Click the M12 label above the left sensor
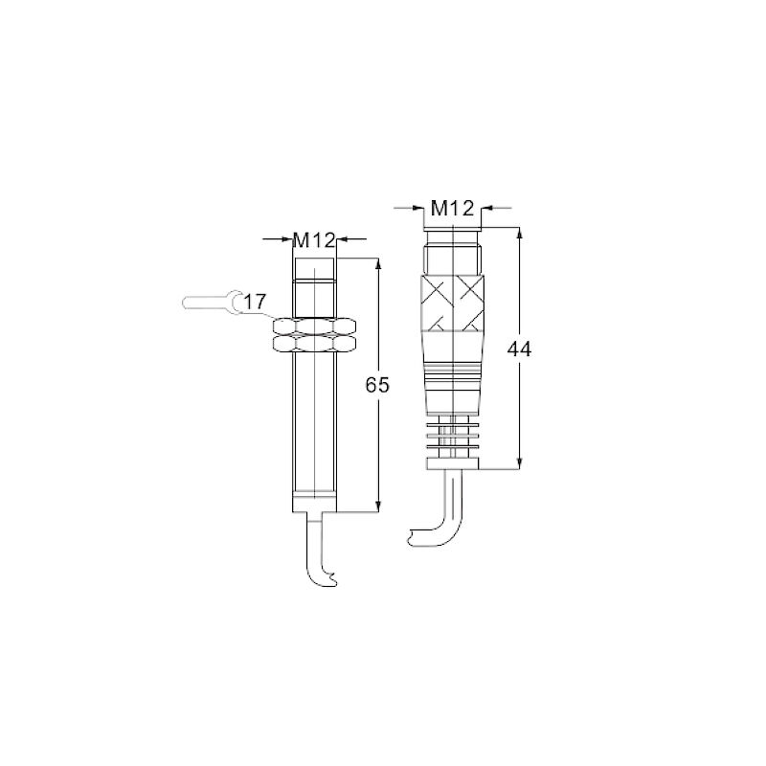click(314, 240)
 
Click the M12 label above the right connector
click(452, 209)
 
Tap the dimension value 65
click(377, 386)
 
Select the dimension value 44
click(519, 349)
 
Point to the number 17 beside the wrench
click(255, 302)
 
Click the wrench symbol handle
click(204, 302)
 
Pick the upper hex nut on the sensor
click(314, 327)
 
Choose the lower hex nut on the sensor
click(314, 344)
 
